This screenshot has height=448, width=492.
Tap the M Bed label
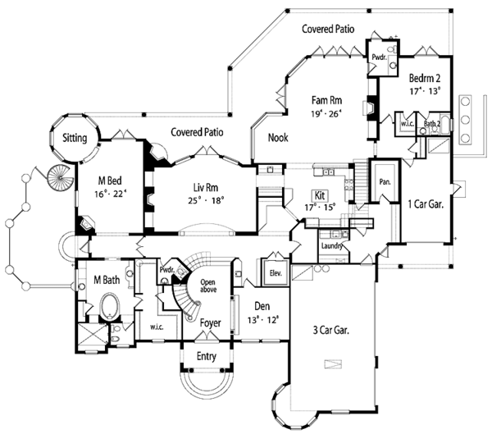coord(111,181)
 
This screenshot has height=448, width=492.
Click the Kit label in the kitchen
coord(321,196)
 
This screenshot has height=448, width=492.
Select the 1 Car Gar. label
coord(425,205)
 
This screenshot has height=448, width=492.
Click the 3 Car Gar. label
coord(331,330)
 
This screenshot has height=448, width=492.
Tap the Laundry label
coord(330,245)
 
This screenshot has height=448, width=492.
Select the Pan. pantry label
coord(383,176)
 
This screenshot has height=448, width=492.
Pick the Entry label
coord(207,357)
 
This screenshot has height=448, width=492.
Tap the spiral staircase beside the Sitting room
coord(59,176)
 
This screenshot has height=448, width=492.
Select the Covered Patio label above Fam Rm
coord(327,29)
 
